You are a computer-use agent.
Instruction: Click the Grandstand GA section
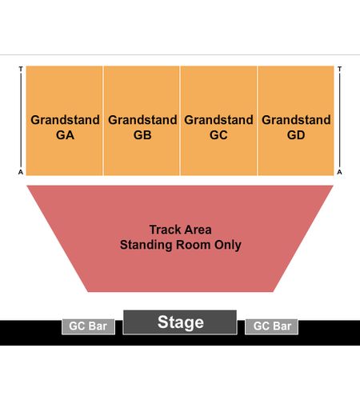[65, 121]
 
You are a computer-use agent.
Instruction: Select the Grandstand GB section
[142, 121]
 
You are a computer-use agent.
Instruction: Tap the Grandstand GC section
[218, 121]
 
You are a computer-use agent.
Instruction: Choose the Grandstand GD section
[296, 121]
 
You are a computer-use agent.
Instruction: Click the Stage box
[180, 322]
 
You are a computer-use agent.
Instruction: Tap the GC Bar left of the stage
[88, 326]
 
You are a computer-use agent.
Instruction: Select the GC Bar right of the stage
[271, 326]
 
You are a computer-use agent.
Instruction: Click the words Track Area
[181, 230]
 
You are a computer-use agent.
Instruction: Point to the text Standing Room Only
[181, 245]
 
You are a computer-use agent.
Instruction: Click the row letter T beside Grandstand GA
[21, 69]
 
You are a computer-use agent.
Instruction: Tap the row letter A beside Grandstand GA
[21, 172]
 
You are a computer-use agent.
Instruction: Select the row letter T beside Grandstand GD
[339, 69]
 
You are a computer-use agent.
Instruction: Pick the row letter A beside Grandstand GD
[339, 172]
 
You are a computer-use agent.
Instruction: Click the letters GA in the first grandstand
[65, 135]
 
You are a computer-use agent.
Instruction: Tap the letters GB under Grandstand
[142, 135]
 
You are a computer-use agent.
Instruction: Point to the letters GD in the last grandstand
[296, 135]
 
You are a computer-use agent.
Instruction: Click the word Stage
[181, 322]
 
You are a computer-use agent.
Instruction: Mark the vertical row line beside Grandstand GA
[21, 120]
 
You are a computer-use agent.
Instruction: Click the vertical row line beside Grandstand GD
[339, 120]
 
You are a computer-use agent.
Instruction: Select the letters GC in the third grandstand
[218, 135]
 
